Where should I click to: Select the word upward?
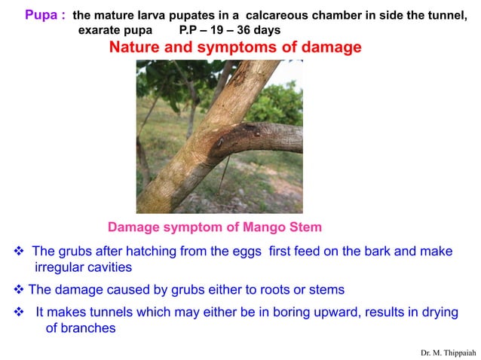(323, 312)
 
